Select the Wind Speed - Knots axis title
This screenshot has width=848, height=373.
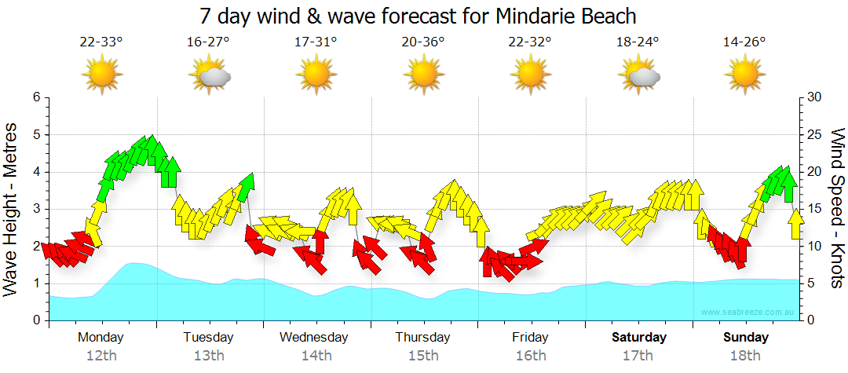coord(835,207)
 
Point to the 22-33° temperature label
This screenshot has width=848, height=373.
coord(101,42)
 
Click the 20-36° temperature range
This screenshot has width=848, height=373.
coord(423,42)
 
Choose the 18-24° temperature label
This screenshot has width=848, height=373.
coord(638,42)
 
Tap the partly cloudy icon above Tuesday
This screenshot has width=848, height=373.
coord(209,75)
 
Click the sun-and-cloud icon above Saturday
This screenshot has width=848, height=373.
coord(638,75)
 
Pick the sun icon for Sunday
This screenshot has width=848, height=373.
coord(744,75)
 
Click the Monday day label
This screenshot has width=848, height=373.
coord(101,338)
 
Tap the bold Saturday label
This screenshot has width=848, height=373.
coord(639,338)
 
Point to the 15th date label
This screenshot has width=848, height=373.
coord(423,355)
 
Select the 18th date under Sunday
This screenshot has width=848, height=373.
coord(745,355)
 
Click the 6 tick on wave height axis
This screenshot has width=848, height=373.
coord(36,97)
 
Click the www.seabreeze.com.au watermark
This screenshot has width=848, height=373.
coord(749,313)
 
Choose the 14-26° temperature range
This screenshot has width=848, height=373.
coord(744,42)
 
